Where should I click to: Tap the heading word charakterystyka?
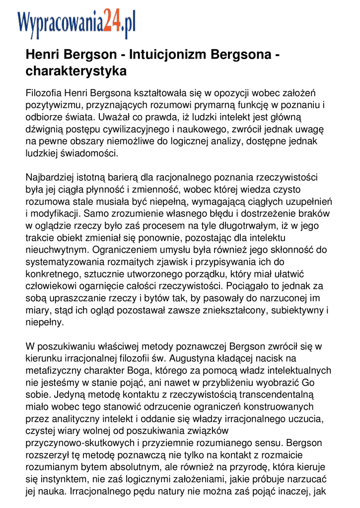click(76, 71)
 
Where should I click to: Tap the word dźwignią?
click(44, 129)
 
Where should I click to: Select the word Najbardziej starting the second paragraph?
click(52, 177)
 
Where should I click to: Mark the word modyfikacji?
click(57, 214)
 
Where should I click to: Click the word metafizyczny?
click(55, 371)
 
